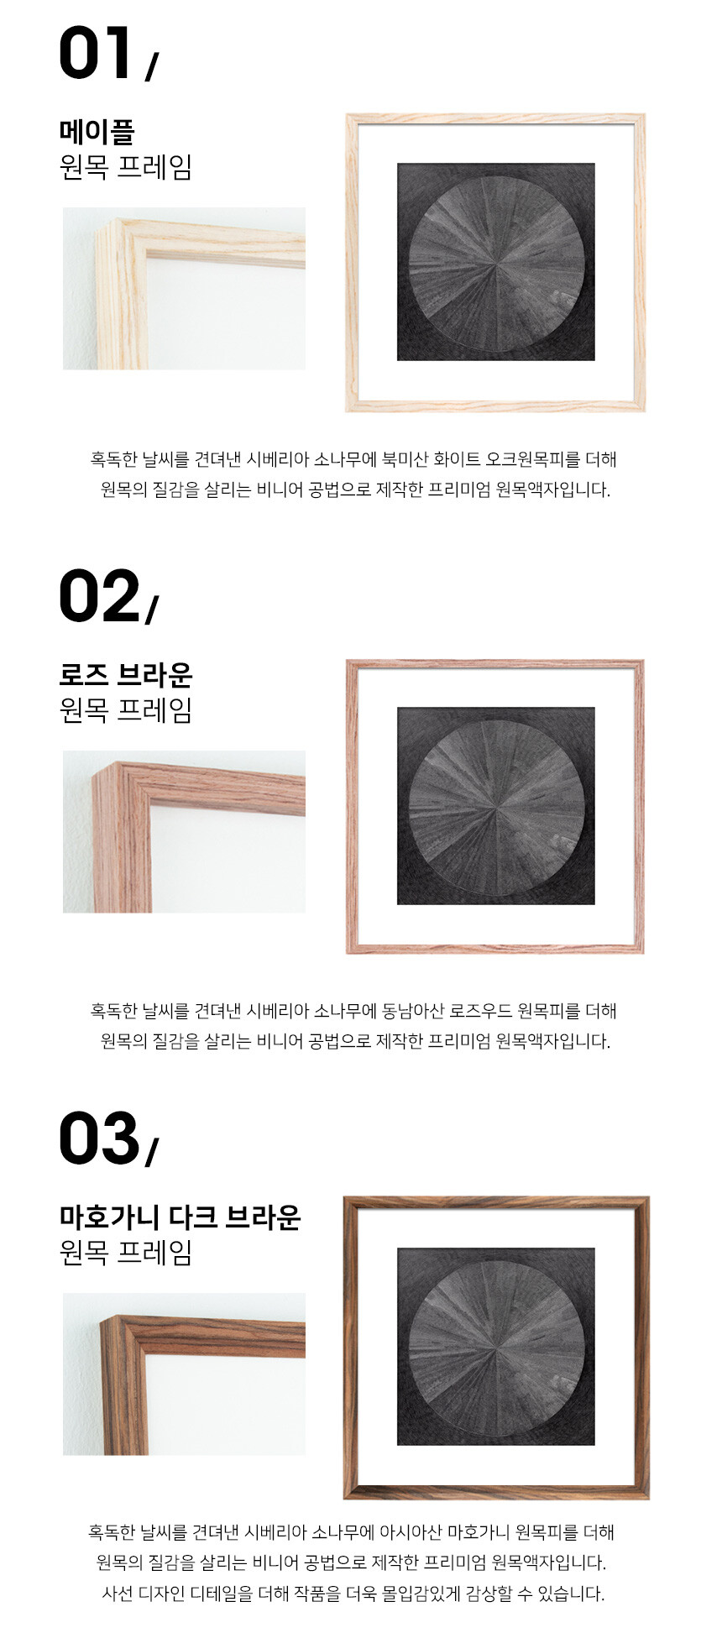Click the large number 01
95,53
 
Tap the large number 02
99,596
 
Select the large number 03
99,1138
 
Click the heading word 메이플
97,132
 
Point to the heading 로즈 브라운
126,674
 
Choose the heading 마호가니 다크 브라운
180,1217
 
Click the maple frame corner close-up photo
184,289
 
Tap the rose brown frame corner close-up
184,832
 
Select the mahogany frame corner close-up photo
184,1374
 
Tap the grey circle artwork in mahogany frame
495,1347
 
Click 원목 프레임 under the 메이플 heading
126,167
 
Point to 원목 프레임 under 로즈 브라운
126,710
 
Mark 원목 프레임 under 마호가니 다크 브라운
126,1253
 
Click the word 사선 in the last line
117,1593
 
